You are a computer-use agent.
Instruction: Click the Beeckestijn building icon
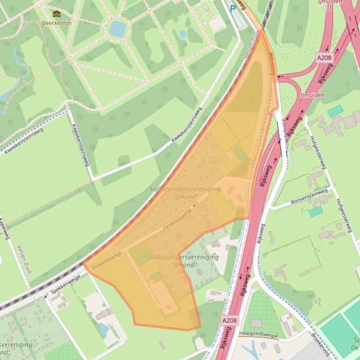coord(57,14)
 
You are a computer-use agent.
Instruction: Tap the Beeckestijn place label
coord(57,22)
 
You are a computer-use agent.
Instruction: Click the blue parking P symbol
coord(233,8)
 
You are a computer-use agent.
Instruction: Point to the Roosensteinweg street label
coord(309,197)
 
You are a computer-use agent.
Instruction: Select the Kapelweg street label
coord(6,229)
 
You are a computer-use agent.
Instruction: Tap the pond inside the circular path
coord(118,29)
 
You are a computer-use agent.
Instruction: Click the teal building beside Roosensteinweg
coord(316,211)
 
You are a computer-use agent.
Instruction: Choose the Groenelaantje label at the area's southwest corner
coord(107,260)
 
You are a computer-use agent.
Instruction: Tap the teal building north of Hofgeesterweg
coord(335,111)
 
